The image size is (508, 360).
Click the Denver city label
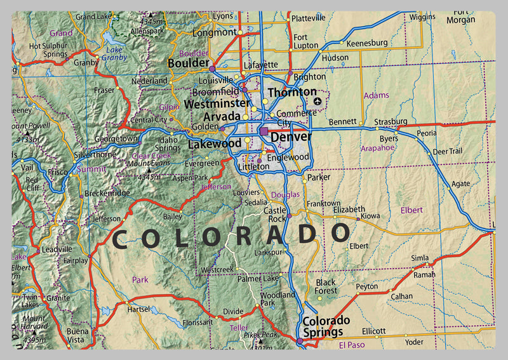(291, 137)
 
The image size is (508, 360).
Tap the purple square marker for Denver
(264, 131)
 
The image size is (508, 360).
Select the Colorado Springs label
(326, 325)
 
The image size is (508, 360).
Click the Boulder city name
(188, 63)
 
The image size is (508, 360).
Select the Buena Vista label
(77, 335)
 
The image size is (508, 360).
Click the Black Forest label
(326, 286)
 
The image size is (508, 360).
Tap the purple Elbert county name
(411, 210)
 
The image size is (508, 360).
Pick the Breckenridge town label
(107, 193)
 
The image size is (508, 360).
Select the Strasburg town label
(391, 121)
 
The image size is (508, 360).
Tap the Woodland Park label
(277, 299)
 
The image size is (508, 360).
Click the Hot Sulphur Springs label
(48, 50)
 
